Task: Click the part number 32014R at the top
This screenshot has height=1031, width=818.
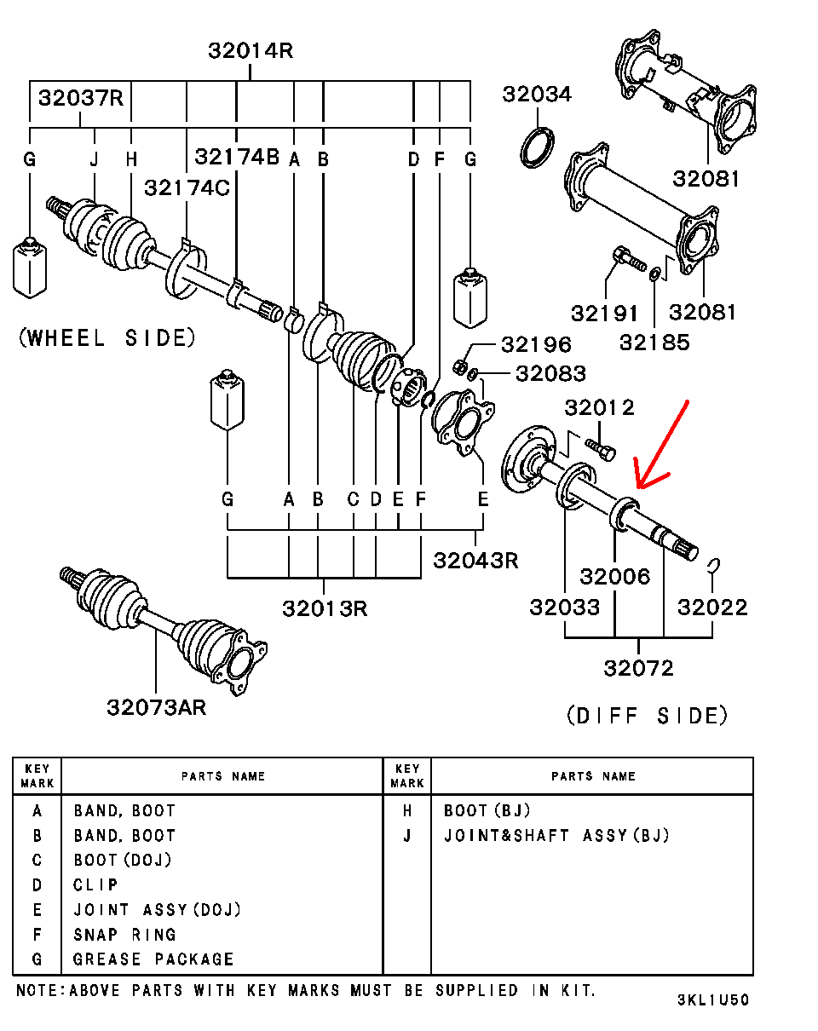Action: click(x=251, y=51)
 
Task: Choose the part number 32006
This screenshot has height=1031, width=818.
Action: click(x=615, y=577)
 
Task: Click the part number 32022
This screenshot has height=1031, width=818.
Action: click(x=712, y=608)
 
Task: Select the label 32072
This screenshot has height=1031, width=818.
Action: click(x=638, y=668)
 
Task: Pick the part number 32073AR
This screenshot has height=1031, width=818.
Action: click(x=157, y=707)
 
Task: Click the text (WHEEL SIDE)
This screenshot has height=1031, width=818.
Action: click(x=107, y=338)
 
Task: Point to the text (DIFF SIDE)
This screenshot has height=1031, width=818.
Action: click(x=648, y=716)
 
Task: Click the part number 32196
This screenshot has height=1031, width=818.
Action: click(x=536, y=345)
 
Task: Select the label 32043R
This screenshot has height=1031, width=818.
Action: click(x=475, y=560)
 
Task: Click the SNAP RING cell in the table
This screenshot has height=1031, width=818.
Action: click(x=124, y=935)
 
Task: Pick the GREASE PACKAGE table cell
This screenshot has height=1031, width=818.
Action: click(x=153, y=959)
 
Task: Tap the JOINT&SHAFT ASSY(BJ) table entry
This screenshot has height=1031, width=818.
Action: click(x=556, y=836)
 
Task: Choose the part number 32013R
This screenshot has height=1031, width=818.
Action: click(x=325, y=608)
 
